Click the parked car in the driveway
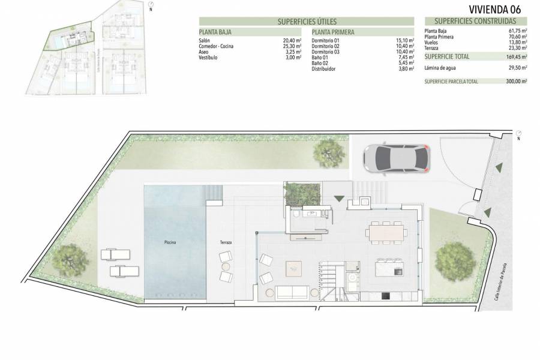(x=396, y=158)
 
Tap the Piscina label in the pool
(x=170, y=242)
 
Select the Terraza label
(x=226, y=242)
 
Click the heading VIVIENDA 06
(x=494, y=9)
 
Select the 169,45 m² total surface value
(x=515, y=56)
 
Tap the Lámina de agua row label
(x=440, y=68)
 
